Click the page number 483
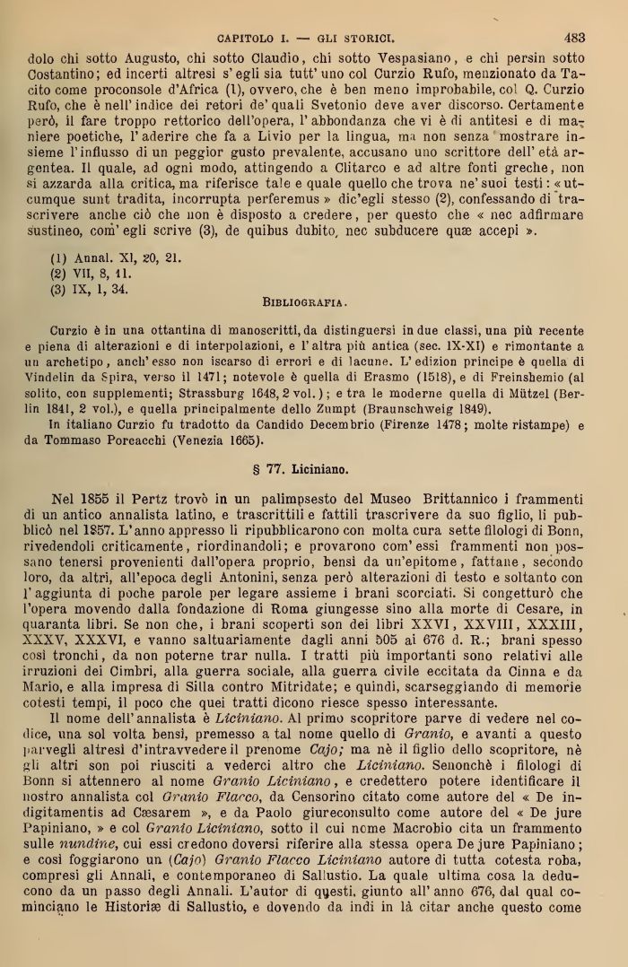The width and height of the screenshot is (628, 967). click(x=574, y=38)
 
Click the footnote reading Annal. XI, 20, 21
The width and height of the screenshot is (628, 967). click(x=116, y=257)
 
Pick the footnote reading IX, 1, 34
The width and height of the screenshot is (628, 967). click(x=90, y=289)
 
